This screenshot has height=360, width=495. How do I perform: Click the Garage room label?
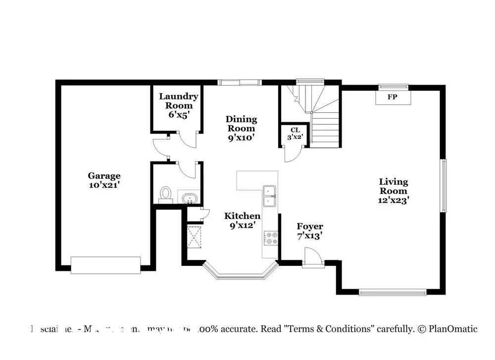point(104,180)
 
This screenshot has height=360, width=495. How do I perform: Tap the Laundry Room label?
point(178,105)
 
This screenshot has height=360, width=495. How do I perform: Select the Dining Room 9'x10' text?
point(241,128)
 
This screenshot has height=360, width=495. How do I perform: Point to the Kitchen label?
point(242,220)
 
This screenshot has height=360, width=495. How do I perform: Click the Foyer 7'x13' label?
point(310,231)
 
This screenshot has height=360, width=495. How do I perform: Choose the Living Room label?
point(394,191)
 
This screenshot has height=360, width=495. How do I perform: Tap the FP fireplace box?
point(392,98)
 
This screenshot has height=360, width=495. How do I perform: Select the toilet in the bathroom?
point(165,194)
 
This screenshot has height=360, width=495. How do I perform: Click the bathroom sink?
point(189,199)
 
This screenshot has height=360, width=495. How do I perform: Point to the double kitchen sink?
point(269,196)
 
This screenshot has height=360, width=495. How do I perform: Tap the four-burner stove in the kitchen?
point(272,238)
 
